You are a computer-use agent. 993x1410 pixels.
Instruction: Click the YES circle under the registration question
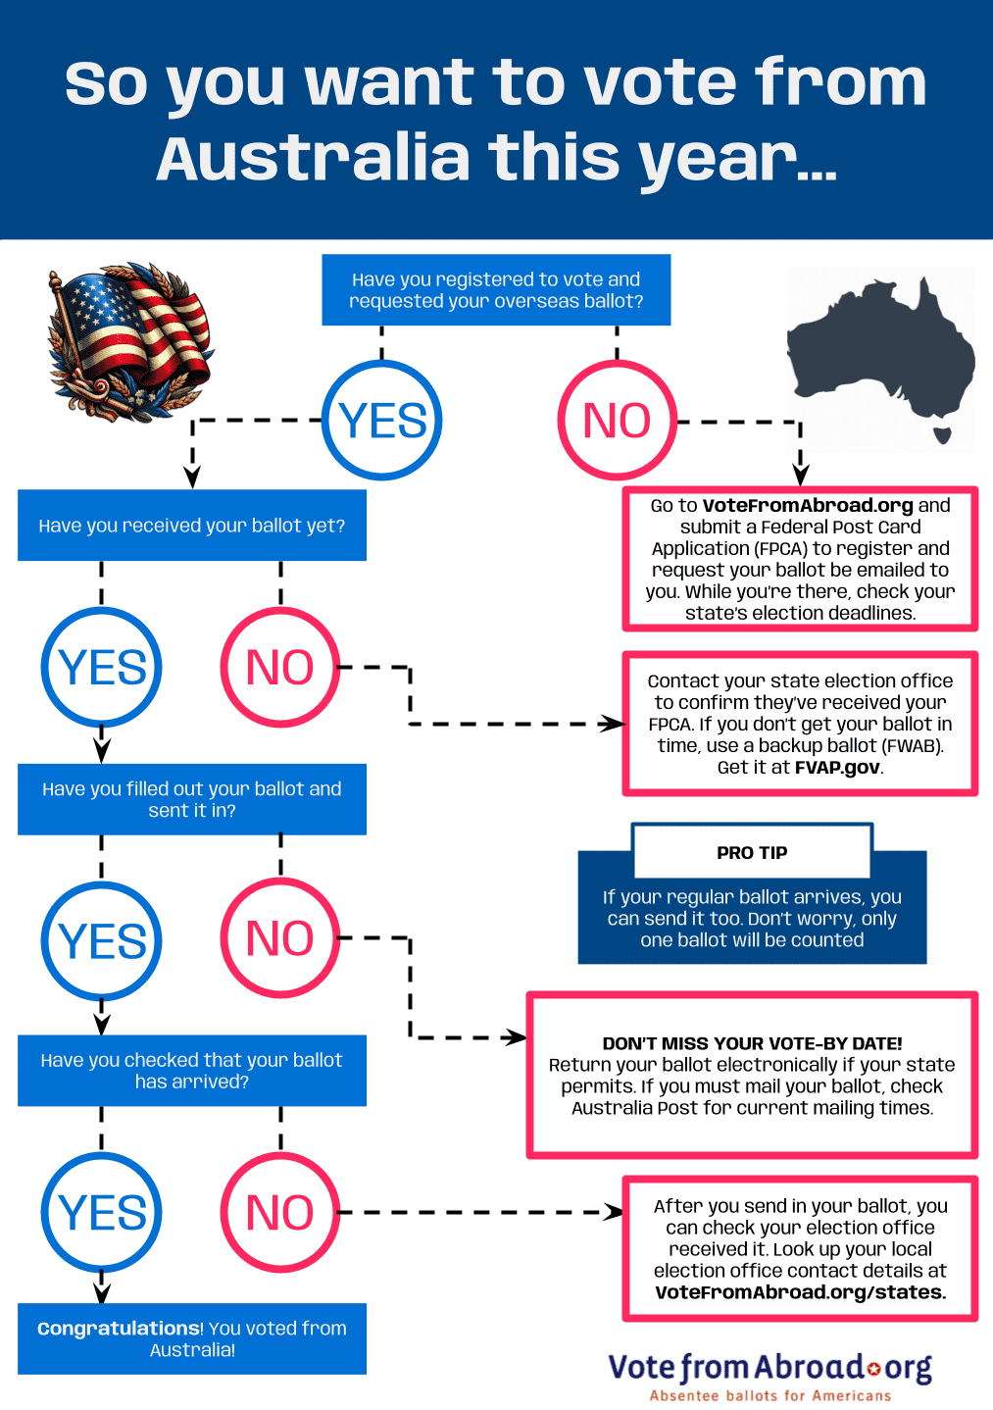382,420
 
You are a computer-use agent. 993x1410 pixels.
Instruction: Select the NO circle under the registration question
617,420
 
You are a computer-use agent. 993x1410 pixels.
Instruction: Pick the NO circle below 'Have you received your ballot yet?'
280,668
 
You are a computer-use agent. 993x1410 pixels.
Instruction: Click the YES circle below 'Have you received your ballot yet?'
102,668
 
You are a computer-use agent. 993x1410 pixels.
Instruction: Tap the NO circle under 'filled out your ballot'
280,938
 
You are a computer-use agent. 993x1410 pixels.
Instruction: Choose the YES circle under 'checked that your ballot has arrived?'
102,1213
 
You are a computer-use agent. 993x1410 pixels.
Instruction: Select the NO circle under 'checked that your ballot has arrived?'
280,1213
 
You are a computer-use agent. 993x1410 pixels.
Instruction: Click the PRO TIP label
752,853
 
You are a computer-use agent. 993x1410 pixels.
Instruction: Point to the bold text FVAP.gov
836,768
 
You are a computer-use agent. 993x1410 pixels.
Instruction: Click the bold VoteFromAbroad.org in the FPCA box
808,506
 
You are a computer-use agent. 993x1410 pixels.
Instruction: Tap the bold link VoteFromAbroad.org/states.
800,1292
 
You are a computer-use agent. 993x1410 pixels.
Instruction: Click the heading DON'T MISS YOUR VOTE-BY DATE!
752,1043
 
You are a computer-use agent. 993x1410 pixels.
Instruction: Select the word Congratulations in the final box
119,1329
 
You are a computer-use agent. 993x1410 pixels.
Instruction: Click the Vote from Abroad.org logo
770,1367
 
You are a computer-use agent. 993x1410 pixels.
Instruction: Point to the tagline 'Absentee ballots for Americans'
770,1395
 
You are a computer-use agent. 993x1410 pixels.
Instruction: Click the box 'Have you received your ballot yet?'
192,526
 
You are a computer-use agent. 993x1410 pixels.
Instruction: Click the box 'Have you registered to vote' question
496,290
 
